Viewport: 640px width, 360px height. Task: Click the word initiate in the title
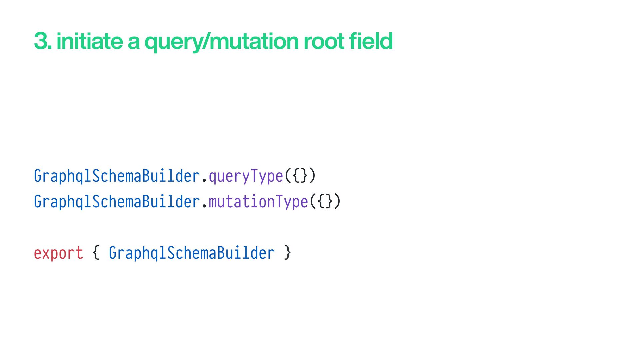[89, 41]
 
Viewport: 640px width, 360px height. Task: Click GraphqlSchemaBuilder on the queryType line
[117, 176]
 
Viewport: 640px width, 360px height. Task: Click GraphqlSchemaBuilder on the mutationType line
[117, 202]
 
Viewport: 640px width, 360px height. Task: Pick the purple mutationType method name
[258, 202]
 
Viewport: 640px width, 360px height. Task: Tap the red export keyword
[58, 253]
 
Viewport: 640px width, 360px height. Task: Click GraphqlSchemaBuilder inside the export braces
[192, 253]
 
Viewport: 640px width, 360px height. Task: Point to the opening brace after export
[96, 253]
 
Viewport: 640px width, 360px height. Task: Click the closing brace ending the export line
[288, 253]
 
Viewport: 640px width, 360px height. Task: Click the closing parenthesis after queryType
[312, 176]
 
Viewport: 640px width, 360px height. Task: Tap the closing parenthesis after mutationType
[337, 202]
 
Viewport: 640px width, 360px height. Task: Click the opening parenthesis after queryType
[288, 176]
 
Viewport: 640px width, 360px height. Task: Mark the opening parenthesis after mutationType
[313, 202]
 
